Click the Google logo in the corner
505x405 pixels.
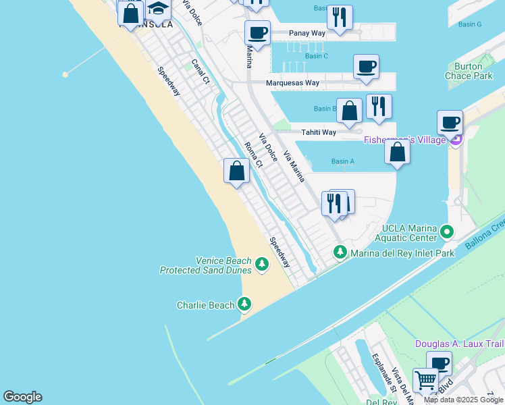[22, 397]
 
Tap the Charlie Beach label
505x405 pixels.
[205, 305]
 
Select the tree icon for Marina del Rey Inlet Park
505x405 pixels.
[340, 252]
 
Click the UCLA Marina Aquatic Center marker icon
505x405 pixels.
[446, 233]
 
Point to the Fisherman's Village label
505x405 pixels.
[404, 140]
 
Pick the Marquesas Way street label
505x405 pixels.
[292, 83]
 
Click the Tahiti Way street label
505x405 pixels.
[319, 132]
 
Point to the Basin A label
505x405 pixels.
[343, 161]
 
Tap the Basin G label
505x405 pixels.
[470, 24]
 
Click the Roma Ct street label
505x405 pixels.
[253, 155]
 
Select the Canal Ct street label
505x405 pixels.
[201, 71]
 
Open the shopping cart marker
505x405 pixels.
[425, 380]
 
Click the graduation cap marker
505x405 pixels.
[158, 10]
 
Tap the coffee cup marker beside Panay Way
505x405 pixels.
[257, 32]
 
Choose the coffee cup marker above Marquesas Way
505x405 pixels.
[366, 67]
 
